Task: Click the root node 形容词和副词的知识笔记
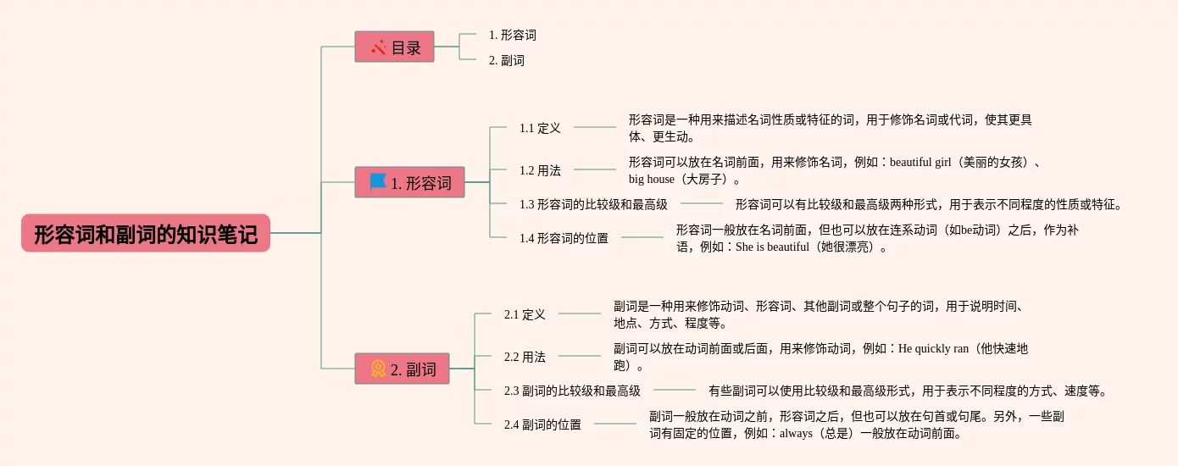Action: click(146, 233)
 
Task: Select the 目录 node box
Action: click(394, 47)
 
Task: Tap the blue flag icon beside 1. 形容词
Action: click(378, 182)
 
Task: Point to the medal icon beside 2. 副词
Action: click(378, 369)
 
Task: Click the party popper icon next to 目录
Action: click(379, 47)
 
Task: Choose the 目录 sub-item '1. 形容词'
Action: click(513, 36)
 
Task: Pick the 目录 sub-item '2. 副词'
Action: click(507, 61)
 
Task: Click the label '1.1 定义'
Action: click(540, 128)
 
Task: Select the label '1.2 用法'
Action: click(540, 170)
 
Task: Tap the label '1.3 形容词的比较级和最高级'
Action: click(593, 204)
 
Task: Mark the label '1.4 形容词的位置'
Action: click(564, 238)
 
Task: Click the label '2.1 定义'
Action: click(525, 314)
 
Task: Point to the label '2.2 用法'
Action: click(525, 357)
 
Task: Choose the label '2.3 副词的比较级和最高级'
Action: click(572, 391)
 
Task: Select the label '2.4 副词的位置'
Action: click(542, 424)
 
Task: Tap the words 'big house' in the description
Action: click(652, 179)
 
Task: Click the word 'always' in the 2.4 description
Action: click(796, 433)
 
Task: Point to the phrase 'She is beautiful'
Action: click(772, 247)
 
